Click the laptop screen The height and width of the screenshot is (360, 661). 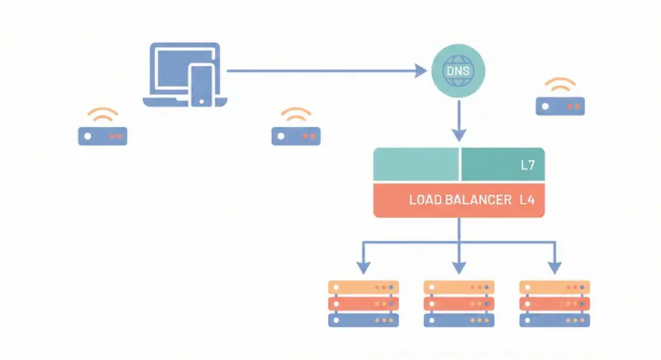[x=169, y=70]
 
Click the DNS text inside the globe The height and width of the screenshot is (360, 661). [x=459, y=73]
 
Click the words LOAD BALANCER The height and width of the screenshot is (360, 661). [x=459, y=200]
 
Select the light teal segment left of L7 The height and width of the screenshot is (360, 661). [x=416, y=165]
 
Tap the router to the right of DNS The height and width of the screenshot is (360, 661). [x=560, y=106]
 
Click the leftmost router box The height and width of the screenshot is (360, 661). [x=102, y=136]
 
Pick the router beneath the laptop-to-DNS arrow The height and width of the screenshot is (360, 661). [x=296, y=136]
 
